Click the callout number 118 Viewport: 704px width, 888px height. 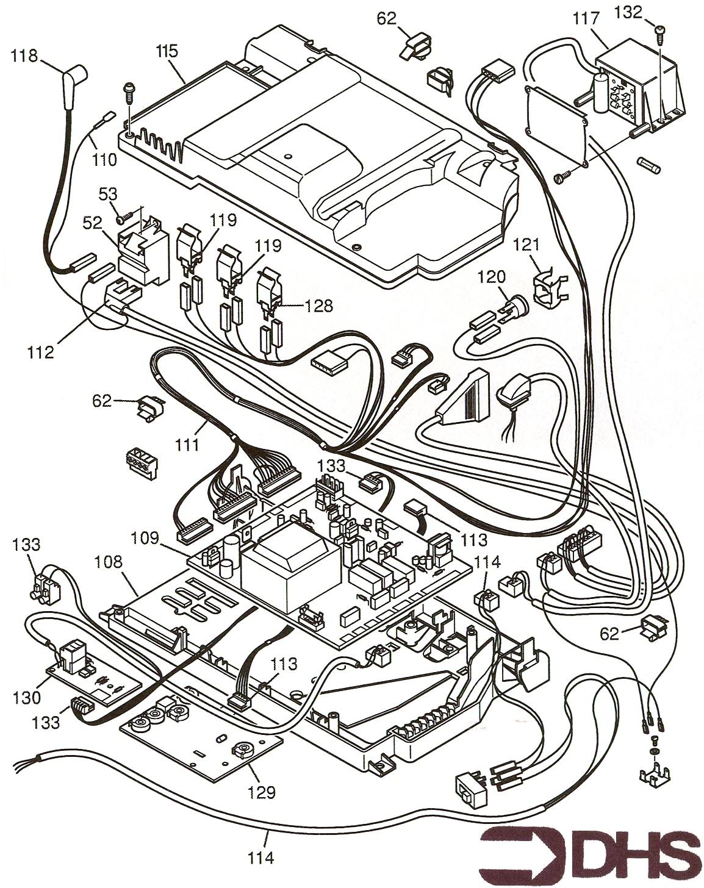[24, 56]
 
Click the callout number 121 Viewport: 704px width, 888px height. [526, 245]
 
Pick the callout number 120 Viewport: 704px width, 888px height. [492, 276]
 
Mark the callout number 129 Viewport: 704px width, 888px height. [261, 792]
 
